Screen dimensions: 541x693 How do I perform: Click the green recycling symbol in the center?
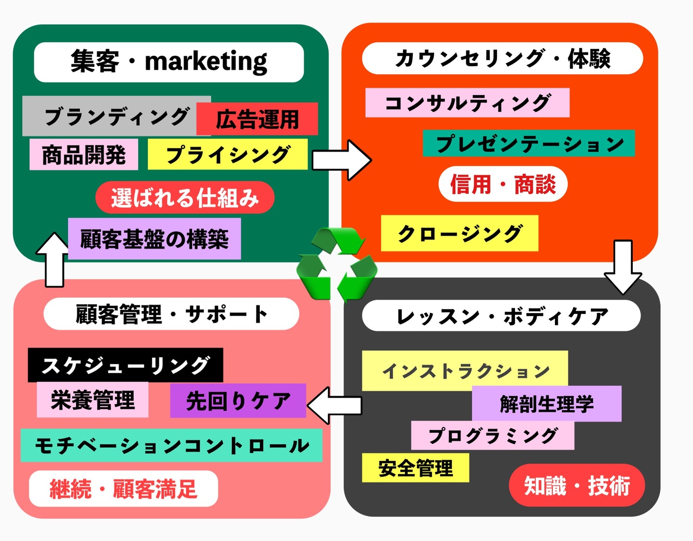pyautogui.click(x=336, y=264)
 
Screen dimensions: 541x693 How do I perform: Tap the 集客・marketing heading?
pyautogui.click(x=169, y=62)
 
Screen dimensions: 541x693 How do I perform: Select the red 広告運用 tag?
pyautogui.click(x=257, y=119)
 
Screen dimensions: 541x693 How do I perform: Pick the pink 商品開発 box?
pyautogui.click(x=84, y=155)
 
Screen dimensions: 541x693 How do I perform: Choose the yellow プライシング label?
pyautogui.click(x=228, y=154)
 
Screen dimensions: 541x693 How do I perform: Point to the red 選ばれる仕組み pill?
pyautogui.click(x=185, y=198)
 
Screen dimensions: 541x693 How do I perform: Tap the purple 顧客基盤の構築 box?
pyautogui.click(x=154, y=239)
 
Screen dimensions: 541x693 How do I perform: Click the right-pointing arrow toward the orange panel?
pyautogui.click(x=342, y=160)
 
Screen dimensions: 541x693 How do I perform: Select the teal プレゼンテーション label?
pyautogui.click(x=529, y=143)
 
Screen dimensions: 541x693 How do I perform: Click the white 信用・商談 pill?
pyautogui.click(x=503, y=184)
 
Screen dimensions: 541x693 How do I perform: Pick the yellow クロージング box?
pyautogui.click(x=460, y=234)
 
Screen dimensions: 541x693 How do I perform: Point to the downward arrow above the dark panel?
pyautogui.click(x=623, y=267)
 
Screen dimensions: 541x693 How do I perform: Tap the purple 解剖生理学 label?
pyautogui.click(x=547, y=404)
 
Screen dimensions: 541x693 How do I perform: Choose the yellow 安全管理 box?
pyautogui.click(x=415, y=468)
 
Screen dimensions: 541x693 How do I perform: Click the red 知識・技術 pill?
pyautogui.click(x=577, y=486)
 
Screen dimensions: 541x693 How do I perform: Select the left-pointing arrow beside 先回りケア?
pyautogui.click(x=334, y=405)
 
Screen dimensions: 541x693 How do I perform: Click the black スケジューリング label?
pyautogui.click(x=126, y=365)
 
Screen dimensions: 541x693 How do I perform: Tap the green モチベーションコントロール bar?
pyautogui.click(x=171, y=446)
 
